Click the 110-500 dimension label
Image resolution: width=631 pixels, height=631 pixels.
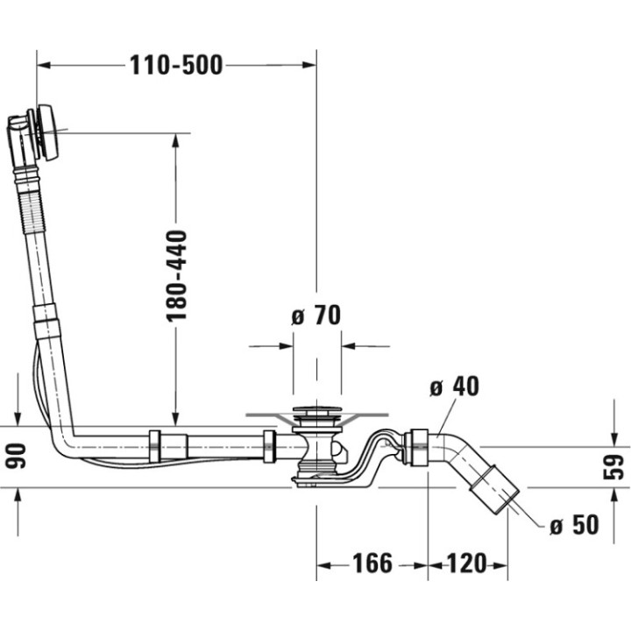tap(175, 64)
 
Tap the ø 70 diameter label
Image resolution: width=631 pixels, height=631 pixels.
tap(315, 315)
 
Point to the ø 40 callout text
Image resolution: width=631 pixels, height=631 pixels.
tap(455, 386)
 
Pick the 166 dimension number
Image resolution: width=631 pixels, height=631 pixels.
tap(372, 563)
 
